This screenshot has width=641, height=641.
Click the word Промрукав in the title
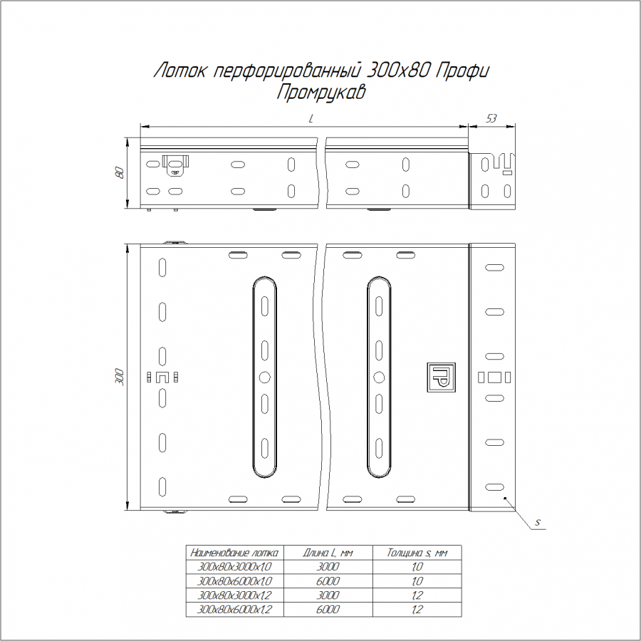click(321, 93)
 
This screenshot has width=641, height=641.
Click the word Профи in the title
click(462, 71)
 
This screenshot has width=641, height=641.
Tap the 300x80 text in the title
click(397, 71)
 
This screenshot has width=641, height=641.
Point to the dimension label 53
click(491, 118)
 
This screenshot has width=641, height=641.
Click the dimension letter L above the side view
click(311, 118)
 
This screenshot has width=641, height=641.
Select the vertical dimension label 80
click(119, 172)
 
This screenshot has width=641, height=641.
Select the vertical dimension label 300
click(119, 377)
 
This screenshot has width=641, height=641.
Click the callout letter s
click(538, 522)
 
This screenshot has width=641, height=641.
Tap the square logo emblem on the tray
click(441, 377)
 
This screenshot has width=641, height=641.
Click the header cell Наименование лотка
click(234, 553)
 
